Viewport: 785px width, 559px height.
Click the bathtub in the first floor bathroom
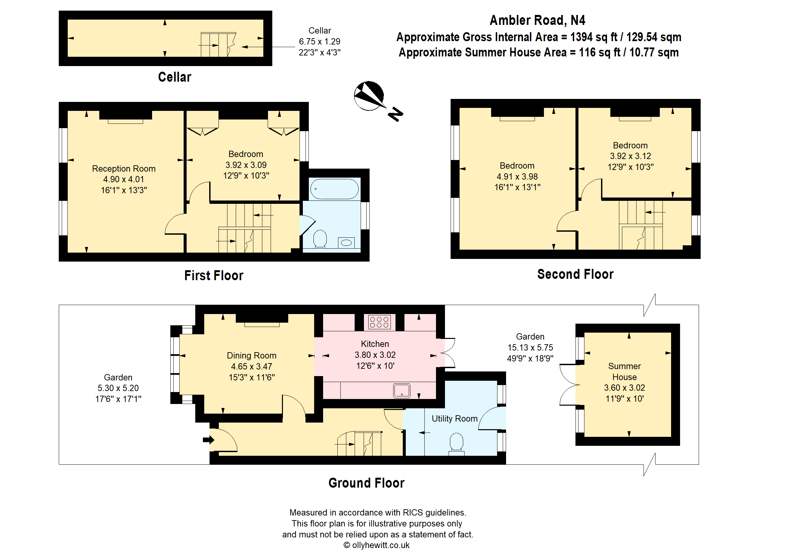pos(334,189)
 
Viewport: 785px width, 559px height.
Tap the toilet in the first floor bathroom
pos(320,239)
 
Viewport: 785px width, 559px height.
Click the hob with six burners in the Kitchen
pos(379,322)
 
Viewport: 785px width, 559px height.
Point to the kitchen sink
pos(401,391)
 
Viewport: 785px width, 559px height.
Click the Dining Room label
pos(251,356)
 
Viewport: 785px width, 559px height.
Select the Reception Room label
pos(124,169)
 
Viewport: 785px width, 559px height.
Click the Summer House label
pos(624,371)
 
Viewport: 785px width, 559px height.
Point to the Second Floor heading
pos(575,274)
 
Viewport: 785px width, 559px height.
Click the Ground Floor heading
pos(366,483)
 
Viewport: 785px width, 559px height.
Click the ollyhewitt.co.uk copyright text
pos(376,545)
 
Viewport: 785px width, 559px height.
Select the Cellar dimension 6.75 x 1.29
pos(319,41)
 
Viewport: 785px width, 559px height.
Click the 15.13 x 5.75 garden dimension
pos(530,347)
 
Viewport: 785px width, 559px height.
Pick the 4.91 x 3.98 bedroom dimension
pos(517,177)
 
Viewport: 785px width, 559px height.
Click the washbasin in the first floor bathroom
pos(346,243)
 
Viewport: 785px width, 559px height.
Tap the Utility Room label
pos(454,419)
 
